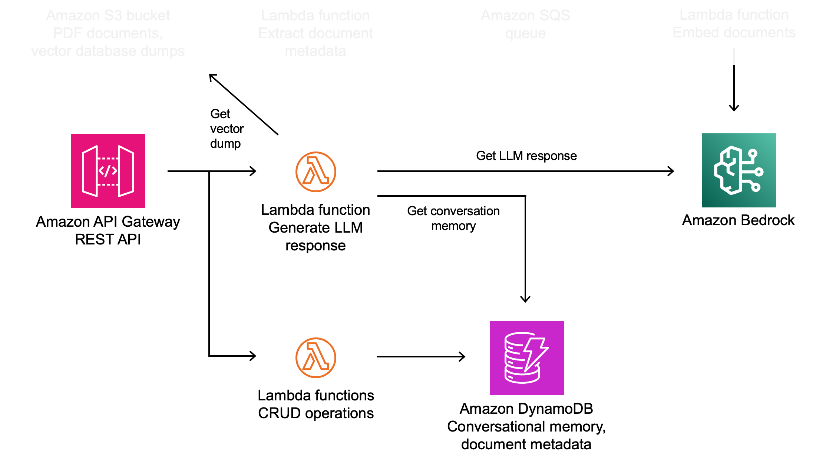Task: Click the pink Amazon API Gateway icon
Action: pos(108,171)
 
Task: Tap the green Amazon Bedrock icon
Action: pos(739,170)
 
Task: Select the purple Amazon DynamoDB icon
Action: pos(526,357)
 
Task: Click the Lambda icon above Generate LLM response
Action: pos(315,172)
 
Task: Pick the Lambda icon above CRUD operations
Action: pos(315,358)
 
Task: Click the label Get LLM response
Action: pos(526,156)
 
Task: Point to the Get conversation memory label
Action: pos(453,218)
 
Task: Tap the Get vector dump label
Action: pos(226,129)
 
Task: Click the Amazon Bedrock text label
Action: pos(738,220)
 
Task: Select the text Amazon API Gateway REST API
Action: pos(108,230)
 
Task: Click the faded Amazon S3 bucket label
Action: pos(108,33)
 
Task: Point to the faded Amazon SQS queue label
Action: pos(525,24)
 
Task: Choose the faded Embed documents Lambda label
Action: pos(734,24)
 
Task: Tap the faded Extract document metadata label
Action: pos(315,33)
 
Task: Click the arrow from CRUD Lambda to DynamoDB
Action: pos(421,357)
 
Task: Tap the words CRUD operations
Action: pos(315,413)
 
